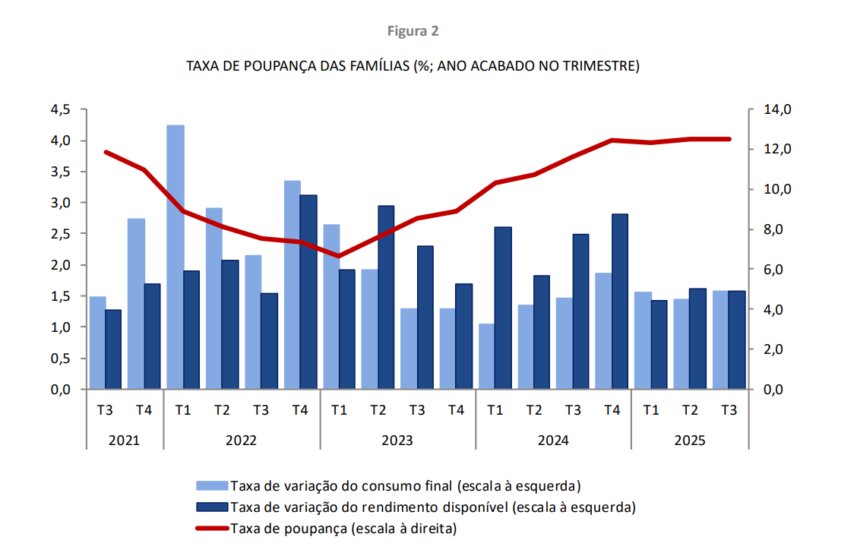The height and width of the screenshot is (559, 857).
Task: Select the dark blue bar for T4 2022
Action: [308, 292]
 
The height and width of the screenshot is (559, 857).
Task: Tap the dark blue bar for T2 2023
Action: [386, 298]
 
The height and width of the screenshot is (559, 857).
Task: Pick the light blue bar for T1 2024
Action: [487, 356]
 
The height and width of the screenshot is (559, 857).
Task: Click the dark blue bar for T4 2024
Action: [620, 302]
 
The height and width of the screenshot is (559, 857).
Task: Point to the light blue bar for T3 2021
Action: [98, 343]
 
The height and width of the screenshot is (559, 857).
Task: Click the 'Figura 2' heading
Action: [413, 31]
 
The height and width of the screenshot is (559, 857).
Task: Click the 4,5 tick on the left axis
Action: [61, 110]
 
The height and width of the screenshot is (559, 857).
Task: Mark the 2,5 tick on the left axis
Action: [61, 234]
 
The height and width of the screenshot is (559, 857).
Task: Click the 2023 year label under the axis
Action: [397, 441]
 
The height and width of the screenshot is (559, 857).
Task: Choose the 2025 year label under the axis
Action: [689, 441]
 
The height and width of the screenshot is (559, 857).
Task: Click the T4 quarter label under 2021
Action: [144, 410]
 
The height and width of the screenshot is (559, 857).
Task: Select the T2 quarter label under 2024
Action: [533, 410]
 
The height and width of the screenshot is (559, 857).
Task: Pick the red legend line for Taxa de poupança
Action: [211, 528]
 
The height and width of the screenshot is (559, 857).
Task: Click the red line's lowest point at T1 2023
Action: [339, 256]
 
